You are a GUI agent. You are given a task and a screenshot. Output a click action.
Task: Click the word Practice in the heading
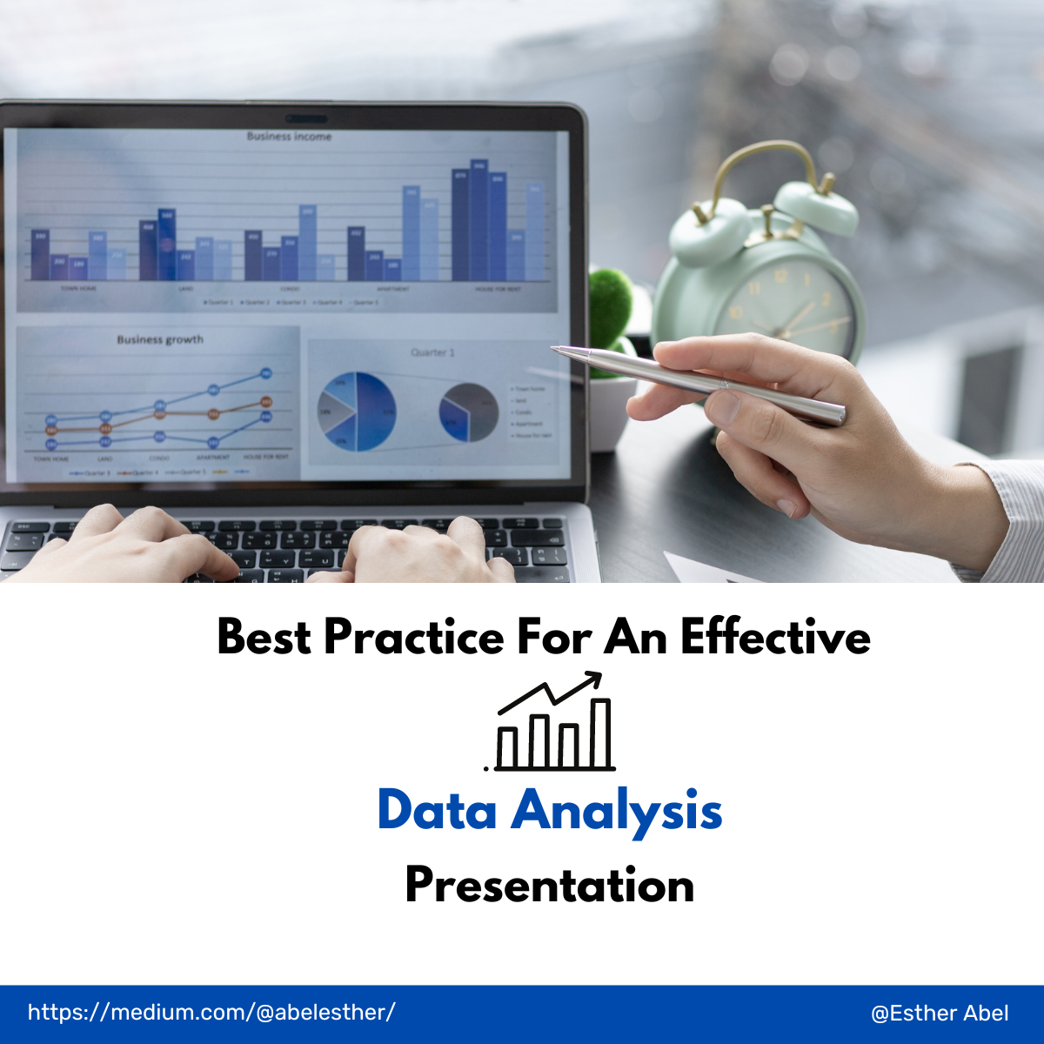(413, 637)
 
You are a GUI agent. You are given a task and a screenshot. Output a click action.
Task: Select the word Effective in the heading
(775, 637)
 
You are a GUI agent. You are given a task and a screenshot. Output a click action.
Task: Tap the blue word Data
(438, 810)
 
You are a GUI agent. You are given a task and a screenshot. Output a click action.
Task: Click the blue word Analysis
(617, 812)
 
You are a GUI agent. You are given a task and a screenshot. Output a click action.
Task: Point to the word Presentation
(550, 886)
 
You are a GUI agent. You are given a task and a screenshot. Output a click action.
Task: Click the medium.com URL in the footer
(211, 1013)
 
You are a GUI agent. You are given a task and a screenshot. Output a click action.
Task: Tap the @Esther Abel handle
(940, 1014)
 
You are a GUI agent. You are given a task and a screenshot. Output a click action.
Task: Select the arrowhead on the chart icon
(595, 677)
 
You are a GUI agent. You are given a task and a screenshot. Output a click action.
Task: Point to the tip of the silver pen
(554, 349)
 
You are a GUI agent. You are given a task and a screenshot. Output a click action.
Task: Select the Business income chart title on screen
(289, 137)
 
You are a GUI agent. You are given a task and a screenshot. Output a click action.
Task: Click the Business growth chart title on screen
(160, 339)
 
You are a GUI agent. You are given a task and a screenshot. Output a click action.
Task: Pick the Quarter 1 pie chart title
(432, 352)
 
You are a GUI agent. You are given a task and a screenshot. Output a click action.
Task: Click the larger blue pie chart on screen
(357, 412)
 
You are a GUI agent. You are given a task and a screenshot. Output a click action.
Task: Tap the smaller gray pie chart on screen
(469, 412)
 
